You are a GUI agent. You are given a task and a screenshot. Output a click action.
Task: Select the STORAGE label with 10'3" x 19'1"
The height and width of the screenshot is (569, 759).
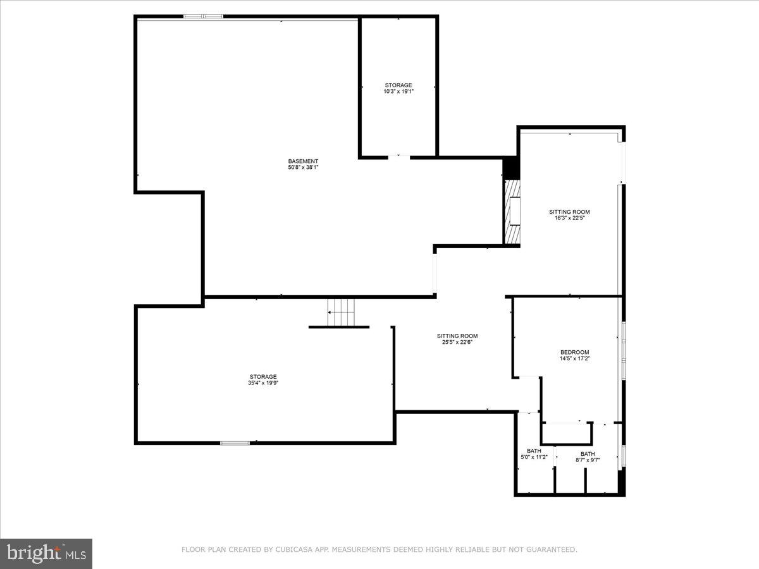click(398, 85)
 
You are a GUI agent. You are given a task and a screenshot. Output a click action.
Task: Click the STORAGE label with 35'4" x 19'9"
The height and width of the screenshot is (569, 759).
click(262, 377)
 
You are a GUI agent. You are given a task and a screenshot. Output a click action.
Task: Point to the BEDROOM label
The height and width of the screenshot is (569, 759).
click(574, 352)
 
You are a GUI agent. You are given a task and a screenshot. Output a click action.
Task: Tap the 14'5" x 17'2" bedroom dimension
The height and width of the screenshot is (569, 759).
click(574, 358)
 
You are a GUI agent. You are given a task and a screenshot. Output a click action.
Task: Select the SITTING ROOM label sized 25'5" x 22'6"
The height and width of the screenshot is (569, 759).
click(457, 336)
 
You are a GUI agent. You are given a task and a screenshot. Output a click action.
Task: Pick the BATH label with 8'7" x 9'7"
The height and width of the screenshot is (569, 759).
click(588, 453)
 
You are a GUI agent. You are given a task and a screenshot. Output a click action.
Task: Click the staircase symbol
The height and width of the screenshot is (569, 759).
click(342, 312)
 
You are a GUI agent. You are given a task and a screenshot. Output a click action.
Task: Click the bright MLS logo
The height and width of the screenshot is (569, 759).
click(46, 553)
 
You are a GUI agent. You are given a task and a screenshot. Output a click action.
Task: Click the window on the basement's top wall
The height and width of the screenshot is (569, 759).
click(203, 16)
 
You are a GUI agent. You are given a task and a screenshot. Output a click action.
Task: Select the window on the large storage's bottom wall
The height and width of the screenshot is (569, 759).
click(235, 443)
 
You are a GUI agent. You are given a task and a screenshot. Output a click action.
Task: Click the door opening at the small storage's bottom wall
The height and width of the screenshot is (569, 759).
click(398, 156)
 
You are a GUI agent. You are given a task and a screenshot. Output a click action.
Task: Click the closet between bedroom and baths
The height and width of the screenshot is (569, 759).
click(567, 434)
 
